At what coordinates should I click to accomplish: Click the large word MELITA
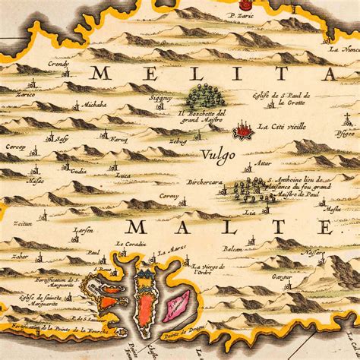click(213, 74)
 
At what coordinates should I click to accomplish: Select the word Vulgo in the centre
click(219, 154)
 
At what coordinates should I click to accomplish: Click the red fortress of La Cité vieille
click(244, 131)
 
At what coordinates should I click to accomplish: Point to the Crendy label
click(58, 65)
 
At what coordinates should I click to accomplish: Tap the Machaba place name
click(95, 104)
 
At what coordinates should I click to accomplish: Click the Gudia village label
click(79, 171)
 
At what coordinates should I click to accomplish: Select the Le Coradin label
click(130, 244)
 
